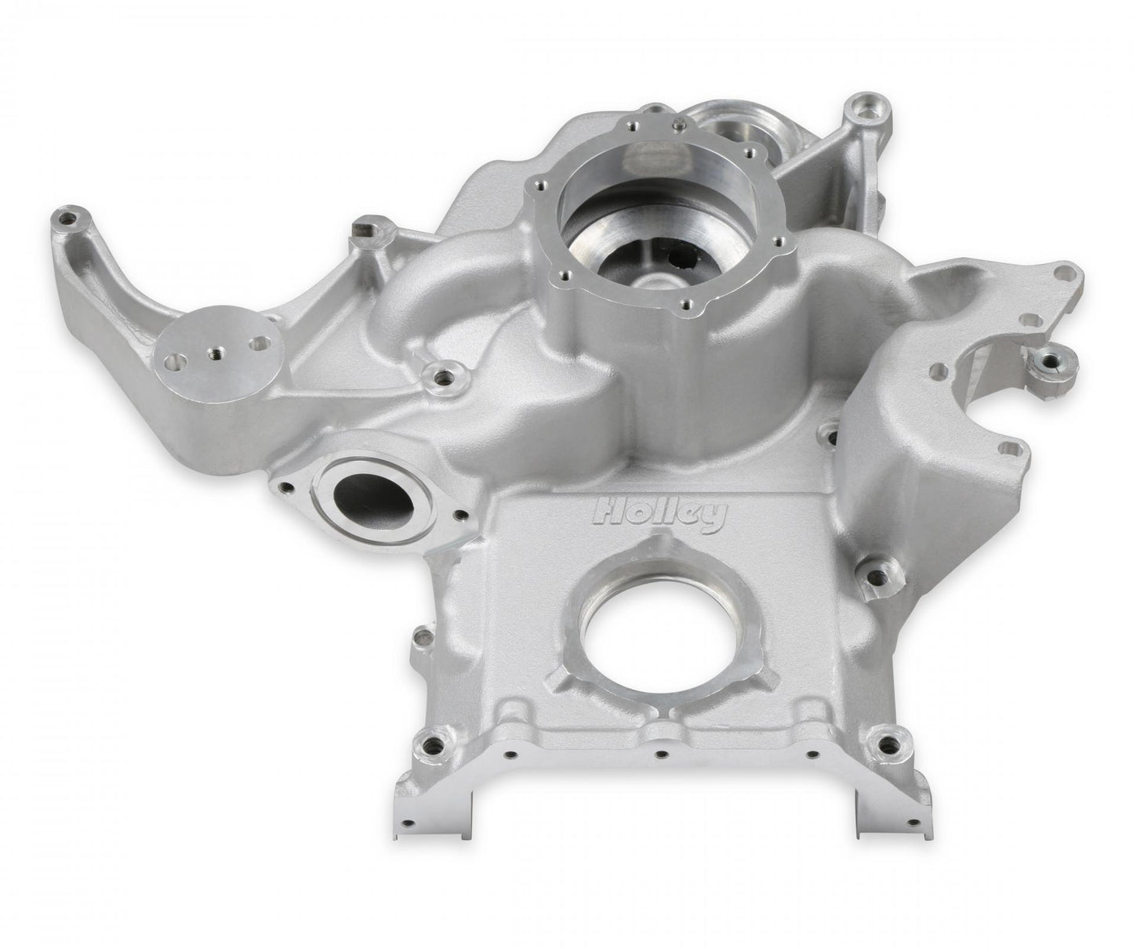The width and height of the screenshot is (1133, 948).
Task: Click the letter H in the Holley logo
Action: pyautogui.click(x=608, y=512)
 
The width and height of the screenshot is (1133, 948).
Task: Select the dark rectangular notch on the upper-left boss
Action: pyautogui.click(x=362, y=228)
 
